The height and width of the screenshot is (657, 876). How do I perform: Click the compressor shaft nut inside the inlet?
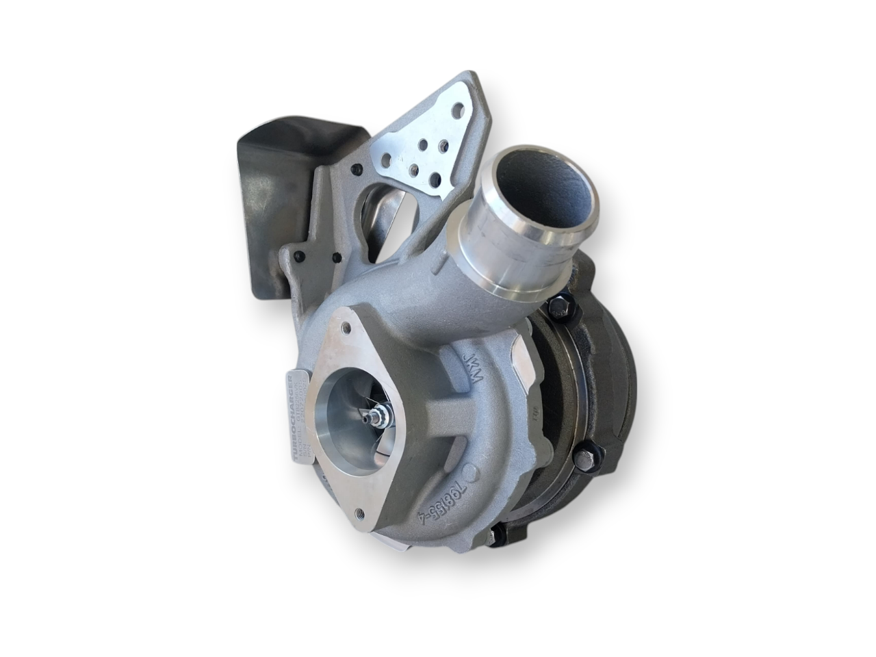tap(378, 414)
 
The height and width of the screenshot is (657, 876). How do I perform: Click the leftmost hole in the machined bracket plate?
tap(387, 159)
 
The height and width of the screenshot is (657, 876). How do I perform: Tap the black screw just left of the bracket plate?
tap(355, 168)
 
